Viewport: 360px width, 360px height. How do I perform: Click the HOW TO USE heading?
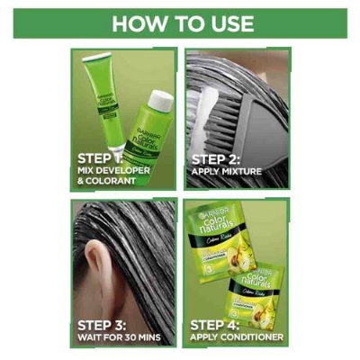coord(180,23)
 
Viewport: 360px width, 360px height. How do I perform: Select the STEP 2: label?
coord(215,157)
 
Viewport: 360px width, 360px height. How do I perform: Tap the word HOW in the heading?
coord(135,23)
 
